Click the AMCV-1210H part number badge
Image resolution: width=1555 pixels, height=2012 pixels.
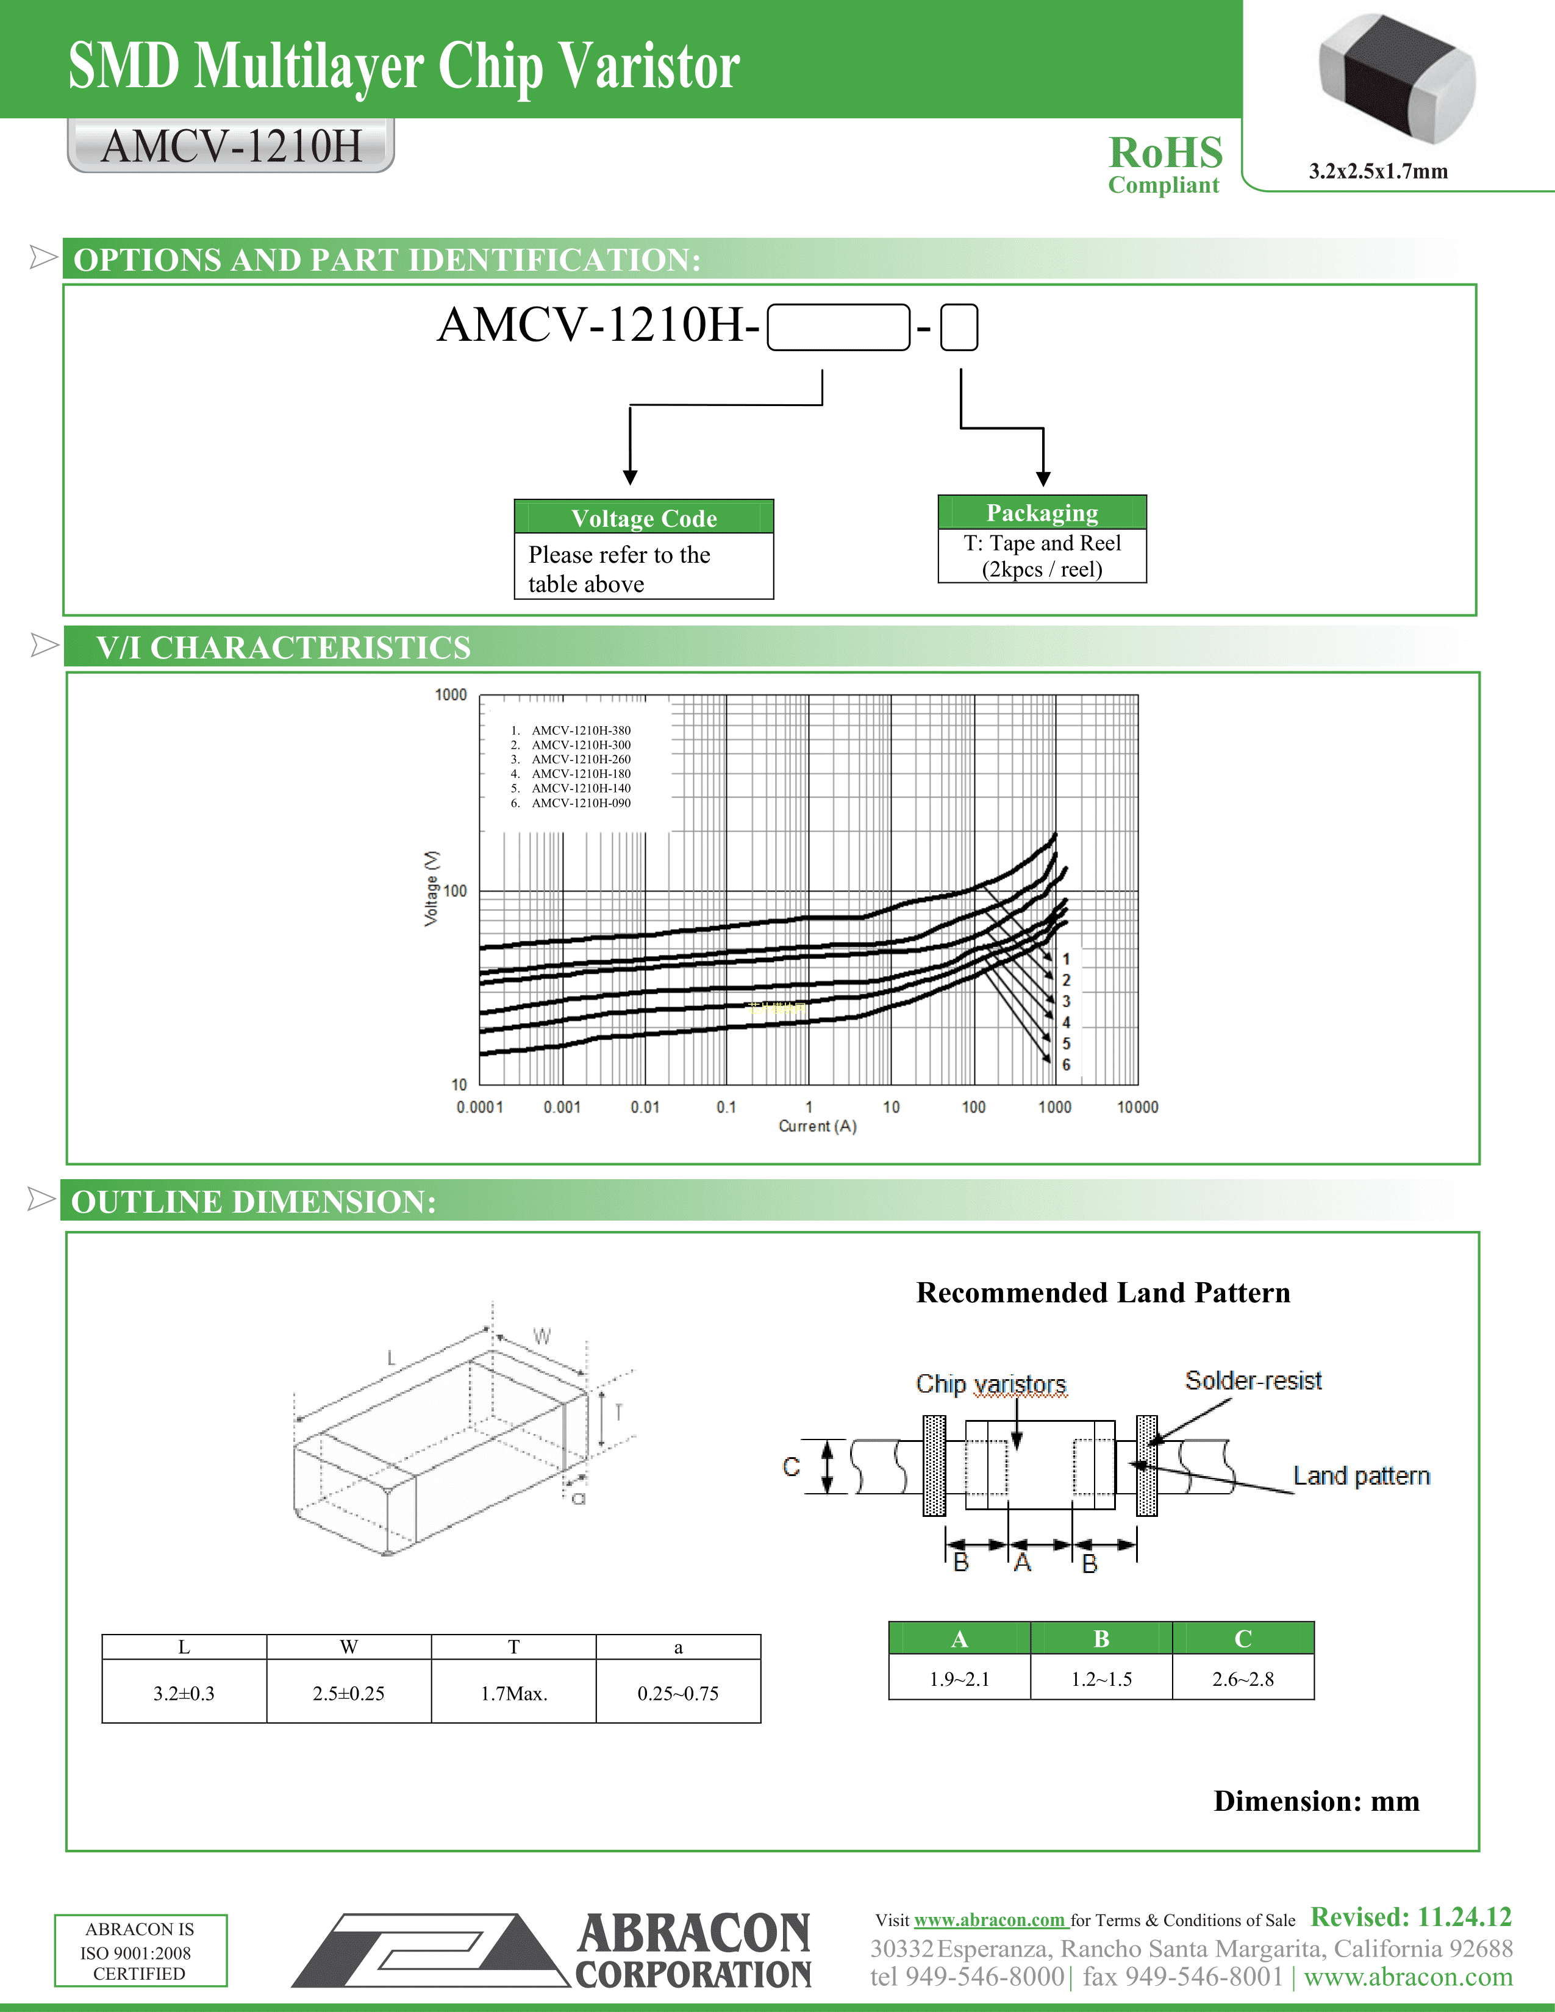pos(231,146)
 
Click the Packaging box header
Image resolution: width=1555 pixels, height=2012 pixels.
pos(1042,512)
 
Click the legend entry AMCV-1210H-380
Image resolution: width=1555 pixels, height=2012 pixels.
pos(581,730)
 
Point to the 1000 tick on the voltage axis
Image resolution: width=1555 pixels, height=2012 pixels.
pos(451,694)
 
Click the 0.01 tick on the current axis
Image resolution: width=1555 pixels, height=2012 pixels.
pos(645,1107)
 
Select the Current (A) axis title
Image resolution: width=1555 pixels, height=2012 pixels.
pos(817,1126)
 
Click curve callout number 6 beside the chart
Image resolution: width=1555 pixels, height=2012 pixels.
pos(1066,1065)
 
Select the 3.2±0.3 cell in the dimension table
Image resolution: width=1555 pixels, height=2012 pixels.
pos(184,1693)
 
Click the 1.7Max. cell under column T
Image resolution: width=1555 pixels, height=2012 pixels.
pos(514,1693)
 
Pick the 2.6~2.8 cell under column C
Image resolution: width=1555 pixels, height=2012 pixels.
pos(1243,1678)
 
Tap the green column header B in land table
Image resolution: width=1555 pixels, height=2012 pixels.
pos(1101,1639)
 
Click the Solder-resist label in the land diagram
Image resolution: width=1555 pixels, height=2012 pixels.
pos(1253,1380)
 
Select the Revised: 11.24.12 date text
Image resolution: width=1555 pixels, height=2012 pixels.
pos(1410,1917)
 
